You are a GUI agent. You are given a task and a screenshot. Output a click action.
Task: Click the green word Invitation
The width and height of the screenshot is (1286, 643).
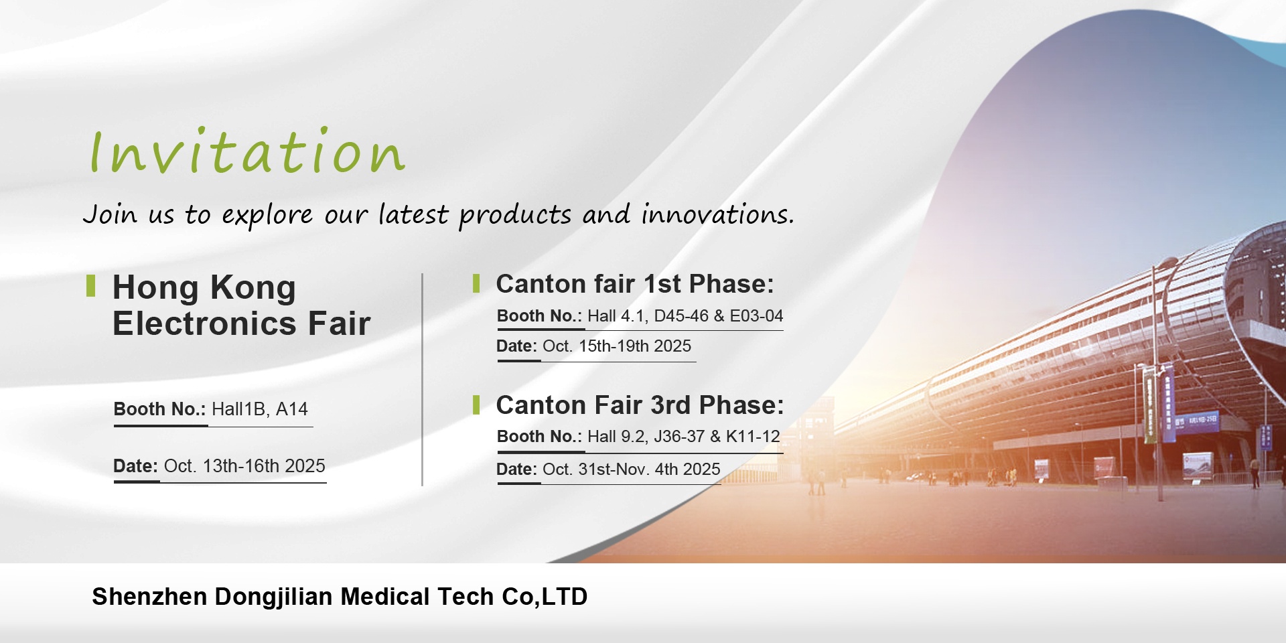pyautogui.click(x=247, y=151)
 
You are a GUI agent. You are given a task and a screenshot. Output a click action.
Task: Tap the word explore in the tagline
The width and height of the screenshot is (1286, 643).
pyautogui.click(x=267, y=216)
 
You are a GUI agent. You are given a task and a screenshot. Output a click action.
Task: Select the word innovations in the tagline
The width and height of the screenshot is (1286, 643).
pyautogui.click(x=717, y=214)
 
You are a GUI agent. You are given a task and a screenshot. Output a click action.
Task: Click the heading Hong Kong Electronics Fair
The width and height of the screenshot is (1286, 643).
pyautogui.click(x=241, y=305)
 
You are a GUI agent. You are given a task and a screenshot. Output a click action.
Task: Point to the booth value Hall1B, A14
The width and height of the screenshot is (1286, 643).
pyautogui.click(x=260, y=409)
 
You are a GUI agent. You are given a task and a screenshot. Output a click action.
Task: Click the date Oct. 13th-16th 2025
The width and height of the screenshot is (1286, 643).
pyautogui.click(x=244, y=466)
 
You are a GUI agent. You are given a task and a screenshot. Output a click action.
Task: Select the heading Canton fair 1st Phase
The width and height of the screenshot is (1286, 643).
pyautogui.click(x=634, y=284)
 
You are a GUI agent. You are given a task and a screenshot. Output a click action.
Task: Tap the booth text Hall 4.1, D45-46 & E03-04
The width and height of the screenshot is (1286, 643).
pyautogui.click(x=685, y=315)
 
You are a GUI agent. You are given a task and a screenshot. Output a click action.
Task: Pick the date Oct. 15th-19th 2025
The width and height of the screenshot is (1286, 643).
pyautogui.click(x=617, y=346)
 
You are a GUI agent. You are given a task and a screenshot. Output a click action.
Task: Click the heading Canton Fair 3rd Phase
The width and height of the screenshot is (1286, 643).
pyautogui.click(x=640, y=405)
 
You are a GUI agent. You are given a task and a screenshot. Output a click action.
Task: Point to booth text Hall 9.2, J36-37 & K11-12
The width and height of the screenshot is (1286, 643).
pyautogui.click(x=684, y=436)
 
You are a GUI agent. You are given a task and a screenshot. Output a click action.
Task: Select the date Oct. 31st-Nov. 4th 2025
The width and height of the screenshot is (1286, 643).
pyautogui.click(x=632, y=469)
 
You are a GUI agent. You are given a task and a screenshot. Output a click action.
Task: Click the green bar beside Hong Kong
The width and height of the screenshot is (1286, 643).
pyautogui.click(x=90, y=285)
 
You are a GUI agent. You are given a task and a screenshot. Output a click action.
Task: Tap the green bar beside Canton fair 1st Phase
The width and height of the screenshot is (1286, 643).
pyautogui.click(x=476, y=283)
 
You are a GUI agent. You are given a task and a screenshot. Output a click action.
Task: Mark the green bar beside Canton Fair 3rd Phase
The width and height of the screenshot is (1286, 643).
pyautogui.click(x=476, y=405)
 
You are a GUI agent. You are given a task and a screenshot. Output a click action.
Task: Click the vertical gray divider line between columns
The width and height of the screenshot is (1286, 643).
pyautogui.click(x=422, y=380)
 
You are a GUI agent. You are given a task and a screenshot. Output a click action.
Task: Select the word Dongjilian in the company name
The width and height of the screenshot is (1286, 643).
pyautogui.click(x=273, y=597)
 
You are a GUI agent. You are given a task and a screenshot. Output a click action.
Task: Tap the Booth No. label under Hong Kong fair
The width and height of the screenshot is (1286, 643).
pyautogui.click(x=159, y=409)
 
